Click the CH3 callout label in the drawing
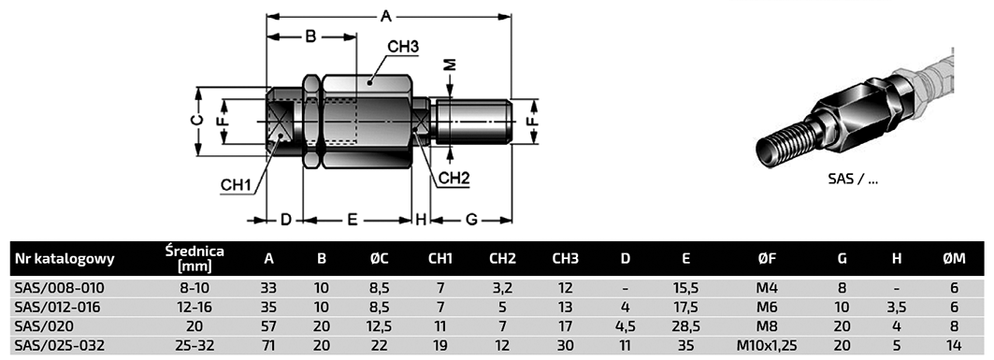pyautogui.click(x=403, y=46)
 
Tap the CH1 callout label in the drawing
pyautogui.click(x=236, y=185)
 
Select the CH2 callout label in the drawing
pyautogui.click(x=454, y=178)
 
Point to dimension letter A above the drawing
pyautogui.click(x=385, y=16)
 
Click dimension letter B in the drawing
pyautogui.click(x=310, y=36)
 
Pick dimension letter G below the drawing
pyautogui.click(x=471, y=220)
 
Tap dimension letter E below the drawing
pyautogui.click(x=353, y=220)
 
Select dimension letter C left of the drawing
pyautogui.click(x=198, y=121)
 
